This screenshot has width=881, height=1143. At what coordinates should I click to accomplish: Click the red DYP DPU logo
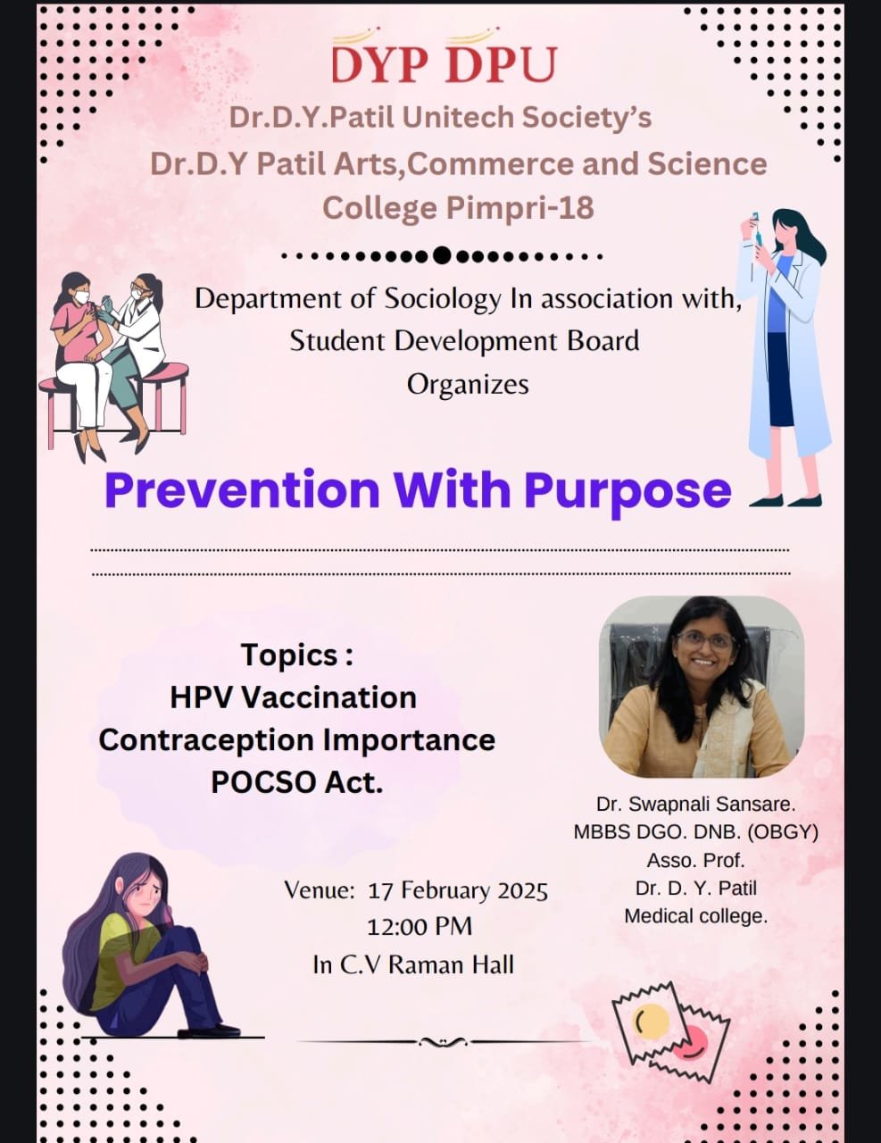(444, 58)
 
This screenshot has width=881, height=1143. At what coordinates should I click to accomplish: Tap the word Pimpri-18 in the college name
(519, 208)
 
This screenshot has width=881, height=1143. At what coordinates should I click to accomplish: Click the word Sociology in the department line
(443, 300)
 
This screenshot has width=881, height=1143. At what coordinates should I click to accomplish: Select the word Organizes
(468, 385)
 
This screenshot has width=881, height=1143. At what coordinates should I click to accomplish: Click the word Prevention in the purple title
(242, 489)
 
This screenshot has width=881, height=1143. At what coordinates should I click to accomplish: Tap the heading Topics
(297, 656)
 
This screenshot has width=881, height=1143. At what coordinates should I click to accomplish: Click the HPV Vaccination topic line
(294, 697)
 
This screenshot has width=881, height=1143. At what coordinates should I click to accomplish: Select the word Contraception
(206, 740)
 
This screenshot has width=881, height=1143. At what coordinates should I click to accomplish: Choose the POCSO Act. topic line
(297, 783)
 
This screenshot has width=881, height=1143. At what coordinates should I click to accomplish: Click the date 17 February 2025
(458, 891)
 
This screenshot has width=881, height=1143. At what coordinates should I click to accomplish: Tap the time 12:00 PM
(420, 927)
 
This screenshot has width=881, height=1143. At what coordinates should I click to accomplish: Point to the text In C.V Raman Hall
(413, 965)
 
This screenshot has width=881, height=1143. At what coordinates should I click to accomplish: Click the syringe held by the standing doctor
(758, 231)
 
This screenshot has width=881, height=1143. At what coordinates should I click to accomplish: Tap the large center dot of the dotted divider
(443, 256)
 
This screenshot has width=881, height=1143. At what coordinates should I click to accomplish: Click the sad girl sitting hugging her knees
(150, 947)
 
